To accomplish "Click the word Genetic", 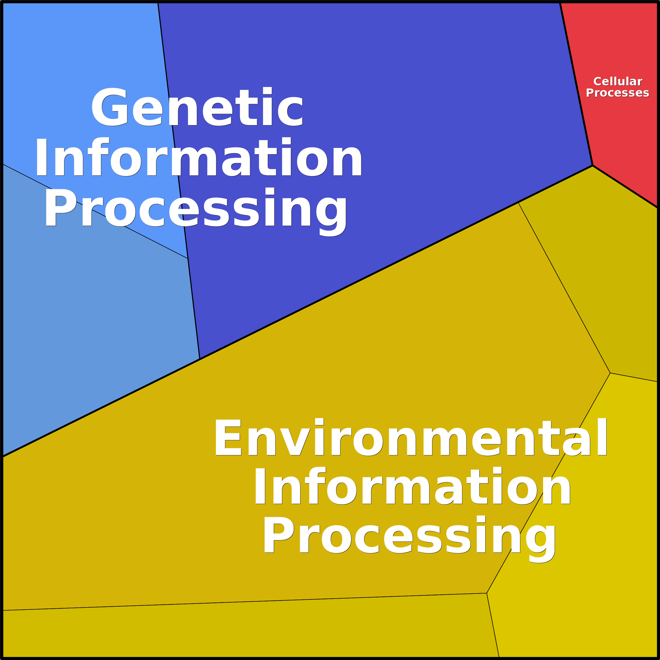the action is click(197, 107).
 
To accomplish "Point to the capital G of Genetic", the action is click(109, 107).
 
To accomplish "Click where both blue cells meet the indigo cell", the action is click(188, 259).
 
